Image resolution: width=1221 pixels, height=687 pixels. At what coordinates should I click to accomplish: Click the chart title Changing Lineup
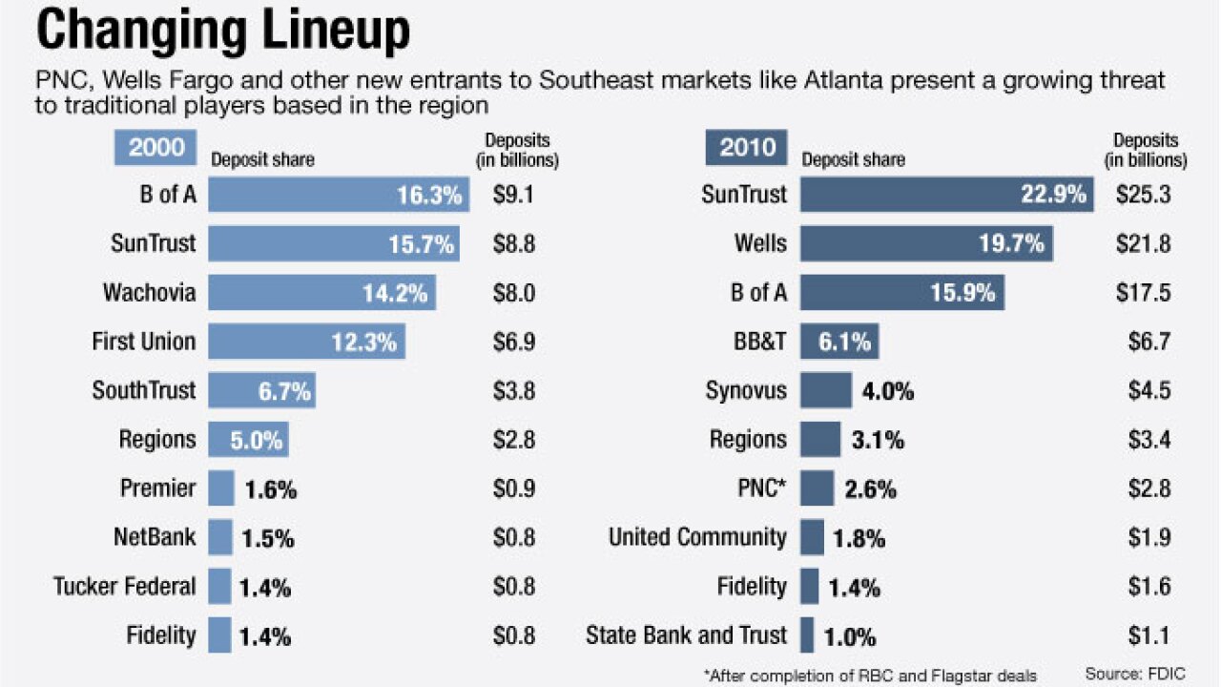pos(223,31)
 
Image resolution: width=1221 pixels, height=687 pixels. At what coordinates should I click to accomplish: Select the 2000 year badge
pos(156,148)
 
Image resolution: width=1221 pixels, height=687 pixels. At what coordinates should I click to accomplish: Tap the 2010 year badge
pos(748,148)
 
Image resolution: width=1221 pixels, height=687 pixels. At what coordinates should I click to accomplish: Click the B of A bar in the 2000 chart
pos(337,195)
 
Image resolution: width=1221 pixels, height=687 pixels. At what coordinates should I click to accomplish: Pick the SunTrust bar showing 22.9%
pos(946,195)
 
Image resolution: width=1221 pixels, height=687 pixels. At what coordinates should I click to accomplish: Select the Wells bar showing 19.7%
pos(926,243)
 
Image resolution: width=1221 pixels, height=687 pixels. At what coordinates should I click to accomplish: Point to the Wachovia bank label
pos(149,292)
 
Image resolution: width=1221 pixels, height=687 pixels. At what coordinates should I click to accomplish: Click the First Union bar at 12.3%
pos(306,341)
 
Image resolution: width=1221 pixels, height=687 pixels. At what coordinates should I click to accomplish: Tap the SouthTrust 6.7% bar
pos(261,390)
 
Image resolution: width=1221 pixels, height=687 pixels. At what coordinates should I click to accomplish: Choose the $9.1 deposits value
pos(513,195)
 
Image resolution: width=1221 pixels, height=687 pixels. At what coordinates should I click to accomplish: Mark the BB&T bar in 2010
pos(839,341)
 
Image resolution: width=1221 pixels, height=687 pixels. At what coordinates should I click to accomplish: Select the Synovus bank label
pos(746,390)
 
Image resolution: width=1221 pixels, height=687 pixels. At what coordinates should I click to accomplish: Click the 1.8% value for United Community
pos(859,538)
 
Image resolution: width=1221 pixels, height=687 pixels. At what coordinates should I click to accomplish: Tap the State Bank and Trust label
pos(686,635)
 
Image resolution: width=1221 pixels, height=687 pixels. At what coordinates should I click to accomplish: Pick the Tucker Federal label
pos(125,586)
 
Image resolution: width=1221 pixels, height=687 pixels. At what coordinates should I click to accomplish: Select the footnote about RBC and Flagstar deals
pos(870,675)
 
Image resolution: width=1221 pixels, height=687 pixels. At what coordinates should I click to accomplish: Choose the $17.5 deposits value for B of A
pos(1143,292)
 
